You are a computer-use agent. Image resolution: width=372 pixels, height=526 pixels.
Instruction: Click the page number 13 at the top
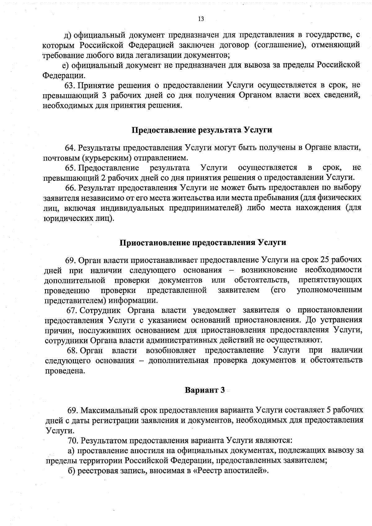pyautogui.click(x=201, y=19)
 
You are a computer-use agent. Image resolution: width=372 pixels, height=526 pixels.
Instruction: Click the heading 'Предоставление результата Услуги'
pyautogui.click(x=202, y=130)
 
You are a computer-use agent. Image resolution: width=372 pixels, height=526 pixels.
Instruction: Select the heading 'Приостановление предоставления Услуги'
pyautogui.click(x=203, y=242)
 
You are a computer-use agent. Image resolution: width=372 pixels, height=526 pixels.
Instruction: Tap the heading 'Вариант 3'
pyautogui.click(x=205, y=390)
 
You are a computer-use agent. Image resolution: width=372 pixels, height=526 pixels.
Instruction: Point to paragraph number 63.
pyautogui.click(x=69, y=85)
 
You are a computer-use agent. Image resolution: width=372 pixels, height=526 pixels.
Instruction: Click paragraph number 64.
pyautogui.click(x=70, y=148)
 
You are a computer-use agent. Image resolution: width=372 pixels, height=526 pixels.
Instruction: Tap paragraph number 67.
pyautogui.click(x=72, y=310)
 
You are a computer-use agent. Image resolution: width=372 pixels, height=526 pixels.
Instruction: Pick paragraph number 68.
pyautogui.click(x=72, y=351)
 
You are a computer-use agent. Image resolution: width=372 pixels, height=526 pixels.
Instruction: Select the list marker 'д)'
pyautogui.click(x=68, y=34)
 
